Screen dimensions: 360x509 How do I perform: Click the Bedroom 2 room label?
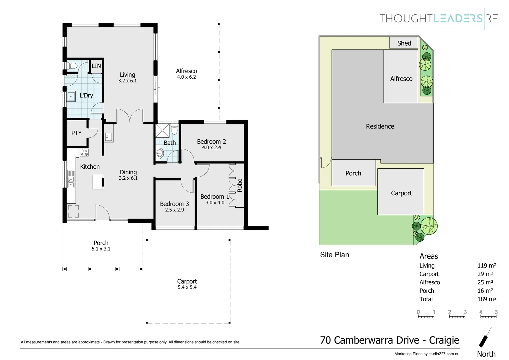[211, 142]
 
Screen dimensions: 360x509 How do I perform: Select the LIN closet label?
[96, 66]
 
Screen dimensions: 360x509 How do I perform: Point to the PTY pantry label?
[76, 133]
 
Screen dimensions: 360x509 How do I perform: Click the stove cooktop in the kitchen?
[84, 153]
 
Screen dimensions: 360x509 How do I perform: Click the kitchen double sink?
[71, 179]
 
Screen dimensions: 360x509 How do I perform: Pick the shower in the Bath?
[163, 130]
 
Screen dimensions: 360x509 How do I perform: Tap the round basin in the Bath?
[160, 153]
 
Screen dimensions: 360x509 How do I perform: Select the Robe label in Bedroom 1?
[240, 185]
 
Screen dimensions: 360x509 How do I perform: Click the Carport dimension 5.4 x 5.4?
[187, 287]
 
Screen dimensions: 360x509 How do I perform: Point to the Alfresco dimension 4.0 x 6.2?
[186, 77]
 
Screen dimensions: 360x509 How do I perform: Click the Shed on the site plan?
[404, 43]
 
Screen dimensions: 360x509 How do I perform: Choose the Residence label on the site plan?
[380, 126]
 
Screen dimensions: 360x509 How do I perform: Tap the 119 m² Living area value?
[487, 266]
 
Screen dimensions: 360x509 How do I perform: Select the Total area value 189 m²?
[487, 299]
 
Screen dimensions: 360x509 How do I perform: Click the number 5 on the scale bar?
[496, 312]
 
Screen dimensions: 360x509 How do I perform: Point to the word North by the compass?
[486, 354]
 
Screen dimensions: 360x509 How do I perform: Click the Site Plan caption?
[334, 255]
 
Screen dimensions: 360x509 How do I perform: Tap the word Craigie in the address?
[444, 340]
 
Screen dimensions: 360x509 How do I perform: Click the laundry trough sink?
[71, 97]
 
